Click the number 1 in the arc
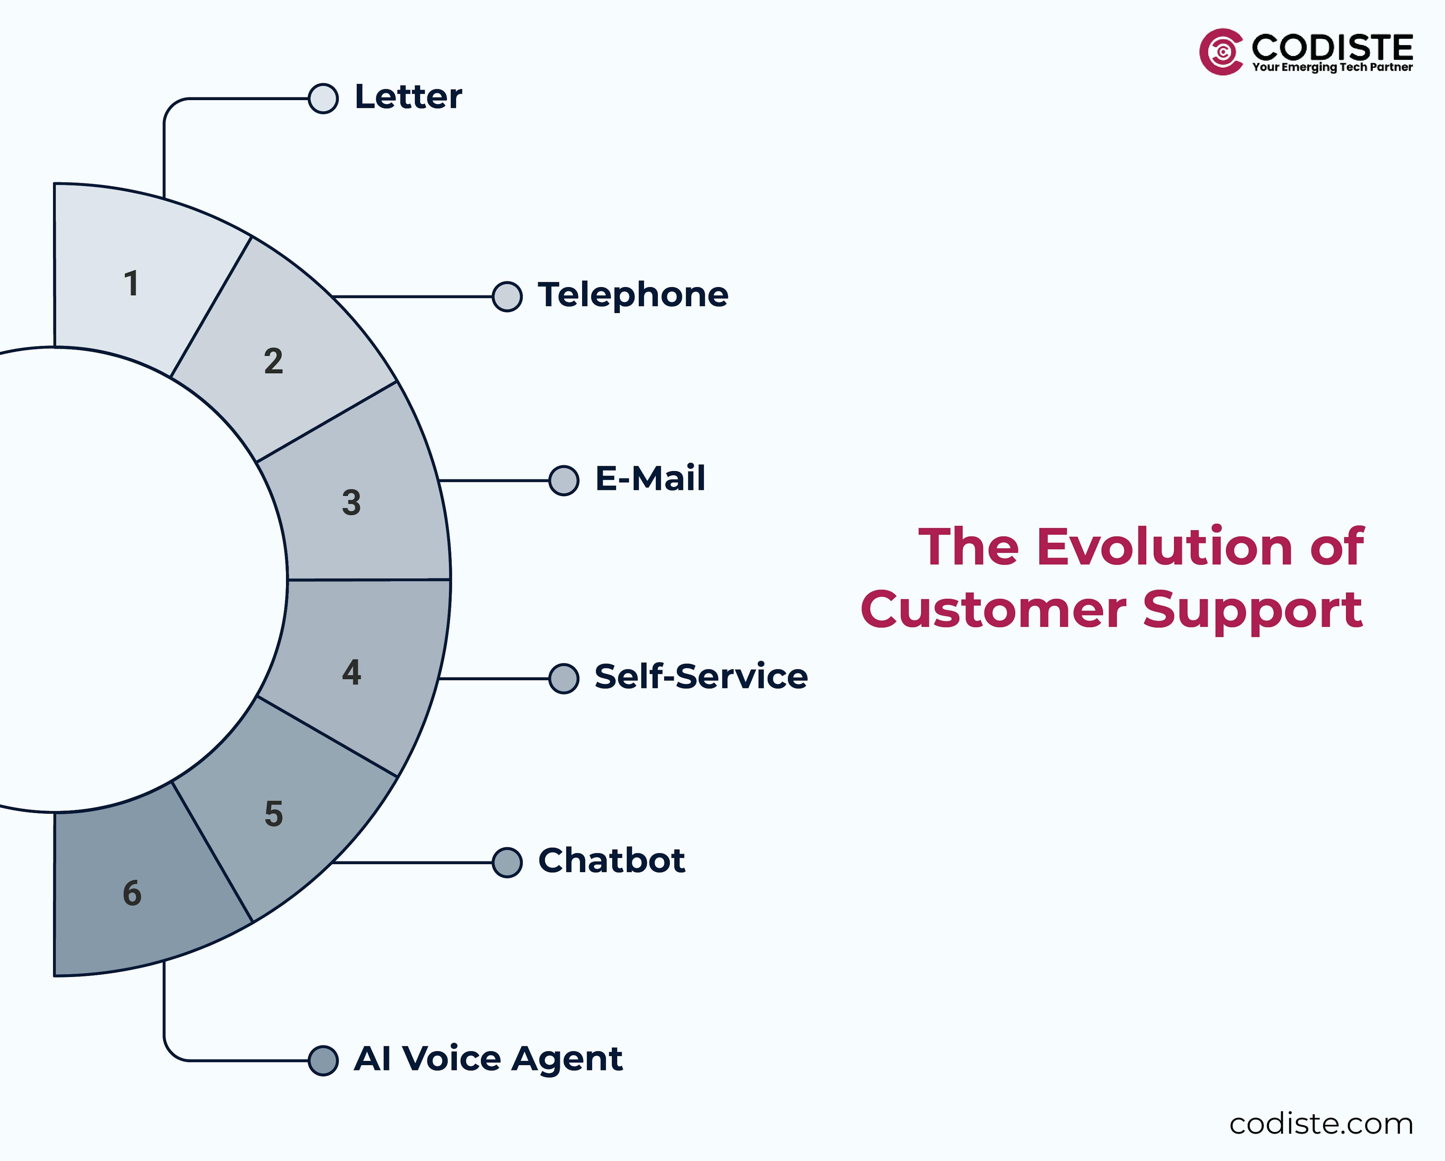[131, 283]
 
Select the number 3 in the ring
[351, 503]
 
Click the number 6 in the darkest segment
[132, 893]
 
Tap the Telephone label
[633, 295]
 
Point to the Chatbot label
[611, 861]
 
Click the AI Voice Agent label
[488, 1059]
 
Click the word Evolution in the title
[1165, 547]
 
